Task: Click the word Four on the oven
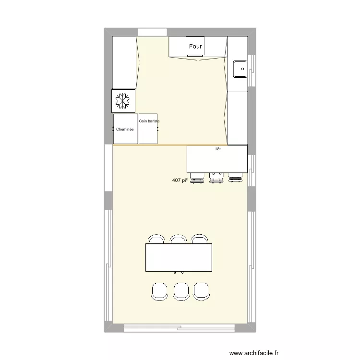(195, 47)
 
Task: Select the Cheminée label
(124, 129)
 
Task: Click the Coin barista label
(149, 121)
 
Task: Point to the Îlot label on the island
(218, 149)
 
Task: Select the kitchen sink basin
(240, 69)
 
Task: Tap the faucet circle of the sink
(243, 69)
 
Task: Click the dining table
(179, 257)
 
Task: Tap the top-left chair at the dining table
(156, 239)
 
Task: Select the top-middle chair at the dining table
(178, 239)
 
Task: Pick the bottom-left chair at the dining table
(159, 291)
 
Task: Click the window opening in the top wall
(153, 32)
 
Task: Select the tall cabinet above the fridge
(124, 62)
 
